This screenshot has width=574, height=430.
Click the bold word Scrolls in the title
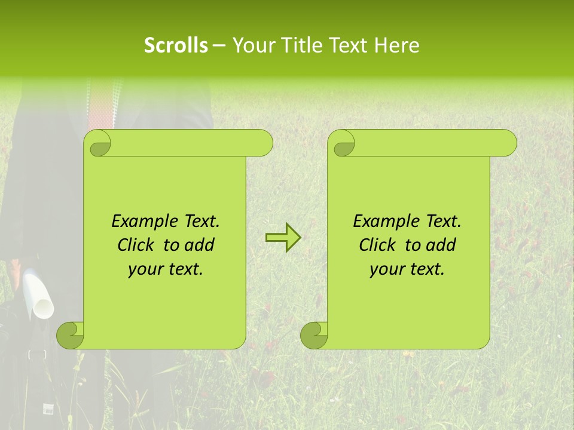click(176, 45)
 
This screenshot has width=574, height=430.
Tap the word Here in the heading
click(396, 45)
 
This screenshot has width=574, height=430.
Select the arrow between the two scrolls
click(283, 238)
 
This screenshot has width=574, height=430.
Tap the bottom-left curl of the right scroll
click(315, 335)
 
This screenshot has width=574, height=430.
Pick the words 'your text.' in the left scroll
click(166, 269)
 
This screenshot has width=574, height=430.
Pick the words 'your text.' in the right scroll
click(407, 269)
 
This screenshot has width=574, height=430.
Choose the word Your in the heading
click(252, 45)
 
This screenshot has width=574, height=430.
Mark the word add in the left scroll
click(200, 245)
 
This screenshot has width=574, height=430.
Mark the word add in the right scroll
click(441, 245)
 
